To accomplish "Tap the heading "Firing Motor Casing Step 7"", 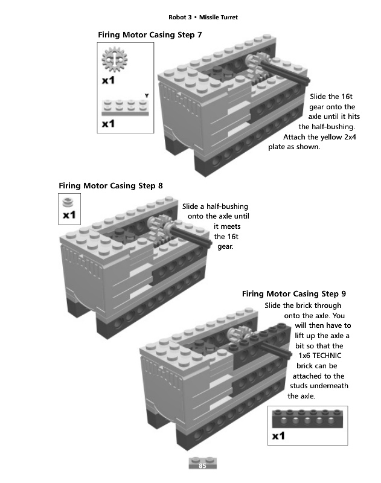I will [x=150, y=35].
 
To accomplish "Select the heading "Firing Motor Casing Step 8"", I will [x=110, y=185].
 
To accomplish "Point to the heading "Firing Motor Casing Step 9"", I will [x=293, y=294].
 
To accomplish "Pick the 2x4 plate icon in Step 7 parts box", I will [x=126, y=107].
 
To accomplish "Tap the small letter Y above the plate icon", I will [x=146, y=95].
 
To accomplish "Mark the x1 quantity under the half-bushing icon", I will [x=69, y=214].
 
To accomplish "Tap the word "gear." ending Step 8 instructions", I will [x=225, y=248].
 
